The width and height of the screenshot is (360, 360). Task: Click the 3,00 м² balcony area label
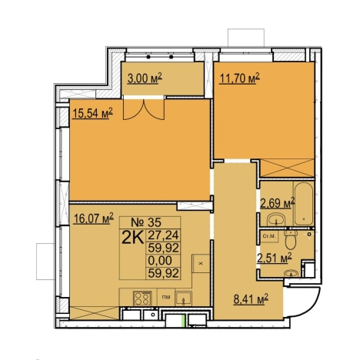pos(145,78)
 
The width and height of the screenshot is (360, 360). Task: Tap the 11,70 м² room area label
pos(239,78)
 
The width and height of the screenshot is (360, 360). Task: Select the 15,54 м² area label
pos(93,113)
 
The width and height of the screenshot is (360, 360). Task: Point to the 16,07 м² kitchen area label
pos(94,218)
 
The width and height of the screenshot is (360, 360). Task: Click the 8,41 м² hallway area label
pos(251,298)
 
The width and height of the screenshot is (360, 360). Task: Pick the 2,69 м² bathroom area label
pos(278,203)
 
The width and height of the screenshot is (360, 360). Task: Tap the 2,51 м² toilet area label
pos(275,258)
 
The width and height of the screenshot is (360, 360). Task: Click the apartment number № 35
pos(146,222)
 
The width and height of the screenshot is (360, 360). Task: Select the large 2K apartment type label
pos(132,238)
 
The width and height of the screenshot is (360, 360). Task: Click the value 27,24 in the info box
pos(163,235)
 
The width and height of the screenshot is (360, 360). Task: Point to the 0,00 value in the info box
pos(160,261)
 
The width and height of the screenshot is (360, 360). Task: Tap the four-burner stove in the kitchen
pos(142,298)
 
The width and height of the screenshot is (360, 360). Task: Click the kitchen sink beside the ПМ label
pos(183,298)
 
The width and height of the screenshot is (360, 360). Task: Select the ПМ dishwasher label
pos(166,297)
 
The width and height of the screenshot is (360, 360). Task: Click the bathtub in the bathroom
pos(304,204)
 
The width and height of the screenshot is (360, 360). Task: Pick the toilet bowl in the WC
pos(291,240)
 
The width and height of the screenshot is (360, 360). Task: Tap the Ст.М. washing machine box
pos(268,237)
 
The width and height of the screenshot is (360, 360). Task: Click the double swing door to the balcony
pos(144,109)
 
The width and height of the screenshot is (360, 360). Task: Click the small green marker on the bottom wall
pos(183,321)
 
